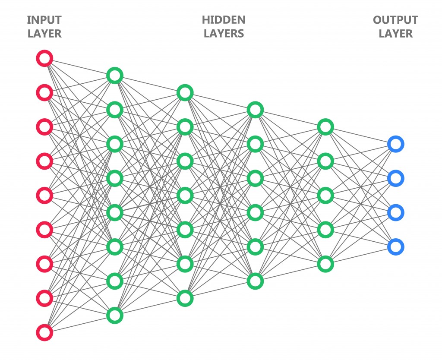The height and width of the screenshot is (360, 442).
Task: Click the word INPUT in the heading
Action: pos(44,20)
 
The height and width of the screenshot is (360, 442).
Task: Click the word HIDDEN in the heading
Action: pos(224,20)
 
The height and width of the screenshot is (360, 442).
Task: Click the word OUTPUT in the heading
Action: pos(395,20)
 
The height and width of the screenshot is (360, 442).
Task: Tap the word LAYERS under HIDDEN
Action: pos(224,34)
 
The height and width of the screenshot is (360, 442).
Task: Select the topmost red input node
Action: pos(44,58)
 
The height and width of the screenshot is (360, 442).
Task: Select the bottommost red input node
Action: pos(44,332)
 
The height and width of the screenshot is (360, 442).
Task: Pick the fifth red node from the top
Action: pos(44,195)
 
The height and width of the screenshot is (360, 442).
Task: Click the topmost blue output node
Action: pos(395,144)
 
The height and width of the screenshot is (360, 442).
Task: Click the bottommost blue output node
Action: pos(395,246)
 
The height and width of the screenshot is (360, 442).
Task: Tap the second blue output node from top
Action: pos(395,178)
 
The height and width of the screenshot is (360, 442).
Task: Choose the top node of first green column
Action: pos(115,76)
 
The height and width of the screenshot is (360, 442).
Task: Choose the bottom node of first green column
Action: pos(115,315)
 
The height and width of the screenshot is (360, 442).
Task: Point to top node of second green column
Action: pos(185,92)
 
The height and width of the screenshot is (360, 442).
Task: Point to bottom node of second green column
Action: pos(185,298)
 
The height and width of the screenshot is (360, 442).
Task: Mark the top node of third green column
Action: pos(255,110)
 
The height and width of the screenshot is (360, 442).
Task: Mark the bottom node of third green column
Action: pos(255,281)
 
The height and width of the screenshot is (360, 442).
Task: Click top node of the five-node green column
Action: pos(325,127)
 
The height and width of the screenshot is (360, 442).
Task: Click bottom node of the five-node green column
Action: pos(325,264)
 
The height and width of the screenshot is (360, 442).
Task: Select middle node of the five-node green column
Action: pos(325,195)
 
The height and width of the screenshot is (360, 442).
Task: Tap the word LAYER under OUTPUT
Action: pos(395,34)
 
